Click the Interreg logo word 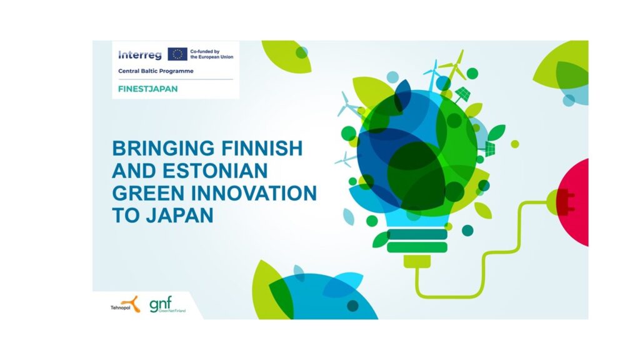click(139, 55)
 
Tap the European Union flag click(177, 54)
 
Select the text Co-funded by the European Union click(211, 54)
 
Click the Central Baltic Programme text click(156, 71)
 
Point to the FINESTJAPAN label click(147, 89)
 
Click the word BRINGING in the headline click(163, 148)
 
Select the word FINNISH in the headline click(262, 148)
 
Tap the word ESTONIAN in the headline click(215, 171)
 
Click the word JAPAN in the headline click(180, 215)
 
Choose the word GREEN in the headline click(149, 193)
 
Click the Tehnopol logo click(125, 304)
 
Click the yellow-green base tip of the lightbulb click(417, 261)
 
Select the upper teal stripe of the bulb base click(417, 234)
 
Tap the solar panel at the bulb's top click(462, 95)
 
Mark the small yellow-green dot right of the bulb click(515, 144)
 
